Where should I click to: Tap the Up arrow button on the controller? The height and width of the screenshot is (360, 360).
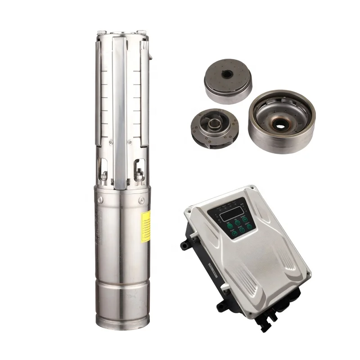click(238, 223)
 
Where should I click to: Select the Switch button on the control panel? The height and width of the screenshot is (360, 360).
click(245, 219)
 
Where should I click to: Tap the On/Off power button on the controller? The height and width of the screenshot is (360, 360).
click(249, 226)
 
